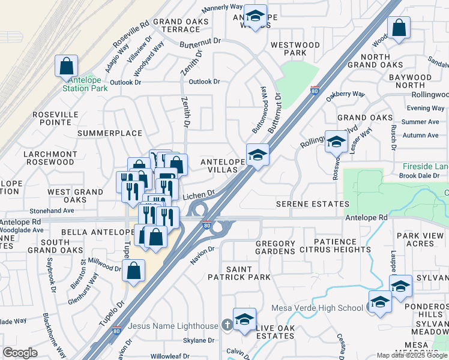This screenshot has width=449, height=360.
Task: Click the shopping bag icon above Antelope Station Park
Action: [67, 67]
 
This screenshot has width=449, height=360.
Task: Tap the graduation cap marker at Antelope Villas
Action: [258, 155]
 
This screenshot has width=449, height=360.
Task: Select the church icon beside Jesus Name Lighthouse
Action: [226, 325]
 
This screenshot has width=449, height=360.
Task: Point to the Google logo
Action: [20, 352]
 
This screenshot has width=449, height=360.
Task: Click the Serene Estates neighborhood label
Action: [312, 204]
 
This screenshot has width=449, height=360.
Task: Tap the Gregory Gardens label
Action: [276, 247]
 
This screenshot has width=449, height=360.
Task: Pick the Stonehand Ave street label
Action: [52, 211]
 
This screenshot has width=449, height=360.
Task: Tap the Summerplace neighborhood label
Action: [110, 133]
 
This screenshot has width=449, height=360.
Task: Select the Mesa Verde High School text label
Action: [317, 308]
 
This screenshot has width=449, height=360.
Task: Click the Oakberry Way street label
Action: [345, 94]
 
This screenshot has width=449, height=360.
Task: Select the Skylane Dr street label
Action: [198, 340]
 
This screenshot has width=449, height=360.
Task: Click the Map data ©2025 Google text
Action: [412, 355]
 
